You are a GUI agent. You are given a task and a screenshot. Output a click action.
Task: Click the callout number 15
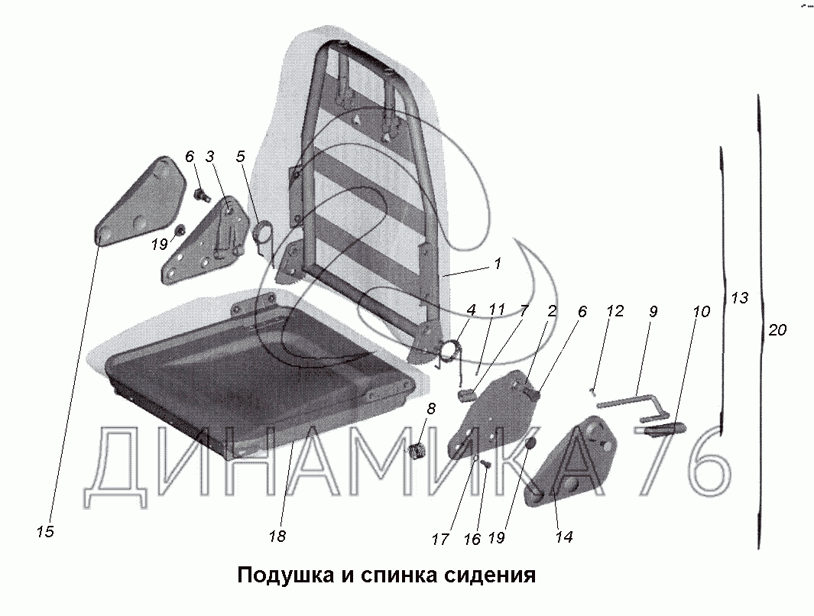pos(45,532)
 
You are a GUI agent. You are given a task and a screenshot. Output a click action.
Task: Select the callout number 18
pos(277,537)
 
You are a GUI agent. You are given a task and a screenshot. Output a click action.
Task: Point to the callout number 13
pos(739,298)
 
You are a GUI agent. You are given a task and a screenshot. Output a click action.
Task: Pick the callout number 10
pos(702,312)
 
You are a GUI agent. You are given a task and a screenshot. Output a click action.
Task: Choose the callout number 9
pos(653,312)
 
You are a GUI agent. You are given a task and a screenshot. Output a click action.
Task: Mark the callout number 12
pos(615,312)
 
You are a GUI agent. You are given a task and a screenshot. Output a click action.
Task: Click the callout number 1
pos(498,264)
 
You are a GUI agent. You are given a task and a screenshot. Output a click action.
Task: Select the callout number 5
pos(241,157)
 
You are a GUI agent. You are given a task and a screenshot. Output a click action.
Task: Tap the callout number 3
pos(209,157)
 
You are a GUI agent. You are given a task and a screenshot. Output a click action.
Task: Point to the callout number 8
pos(431,409)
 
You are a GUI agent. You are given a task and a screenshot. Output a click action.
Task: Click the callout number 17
pos(439,539)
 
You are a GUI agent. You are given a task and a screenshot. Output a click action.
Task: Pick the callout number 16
pos(472,539)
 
